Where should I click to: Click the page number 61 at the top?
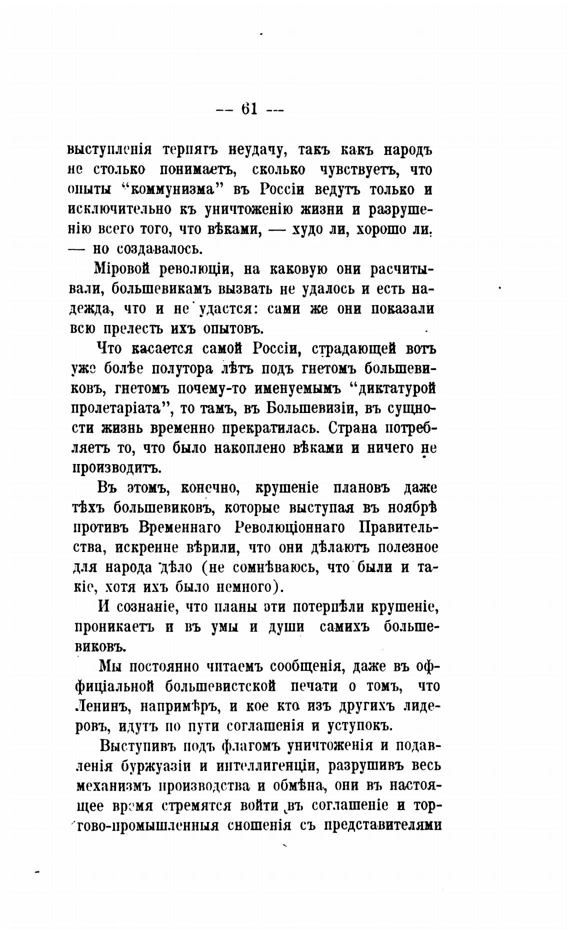[249, 108]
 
